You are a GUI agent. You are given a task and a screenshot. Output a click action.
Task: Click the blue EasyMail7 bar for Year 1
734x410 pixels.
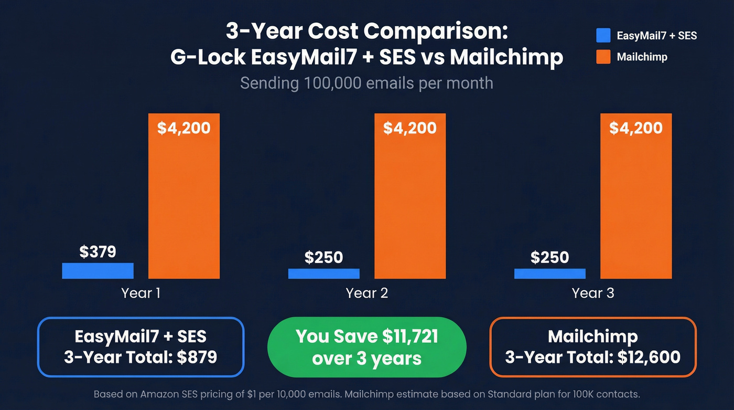[x=98, y=270]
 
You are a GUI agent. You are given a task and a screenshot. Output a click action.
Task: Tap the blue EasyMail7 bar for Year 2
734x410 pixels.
[x=323, y=274]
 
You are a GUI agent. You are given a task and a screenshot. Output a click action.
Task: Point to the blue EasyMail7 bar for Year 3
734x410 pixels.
[x=549, y=274]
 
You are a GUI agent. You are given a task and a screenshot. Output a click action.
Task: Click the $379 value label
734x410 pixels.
[x=98, y=252]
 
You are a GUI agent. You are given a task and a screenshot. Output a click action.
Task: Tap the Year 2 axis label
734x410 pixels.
[x=367, y=293]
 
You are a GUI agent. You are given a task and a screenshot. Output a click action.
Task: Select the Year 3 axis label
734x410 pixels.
[x=593, y=293]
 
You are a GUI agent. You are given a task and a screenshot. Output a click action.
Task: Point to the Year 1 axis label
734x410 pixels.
[x=141, y=293]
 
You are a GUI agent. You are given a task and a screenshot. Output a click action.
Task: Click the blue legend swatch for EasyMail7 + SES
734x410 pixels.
[x=603, y=35]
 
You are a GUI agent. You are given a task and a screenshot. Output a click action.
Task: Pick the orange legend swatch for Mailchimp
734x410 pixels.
[x=603, y=57]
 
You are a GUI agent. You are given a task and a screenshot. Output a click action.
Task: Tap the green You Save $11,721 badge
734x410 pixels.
[x=366, y=347]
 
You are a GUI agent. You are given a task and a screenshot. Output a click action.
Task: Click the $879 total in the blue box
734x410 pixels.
[x=197, y=358]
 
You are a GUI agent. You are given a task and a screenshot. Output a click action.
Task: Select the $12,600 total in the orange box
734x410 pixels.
[x=649, y=358]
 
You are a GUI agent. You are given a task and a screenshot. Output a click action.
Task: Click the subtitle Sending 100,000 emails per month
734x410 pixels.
[x=366, y=83]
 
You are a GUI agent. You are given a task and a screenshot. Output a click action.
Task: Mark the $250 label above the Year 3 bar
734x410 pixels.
[x=549, y=258]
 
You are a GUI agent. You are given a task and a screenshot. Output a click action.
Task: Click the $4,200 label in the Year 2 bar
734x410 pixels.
[x=410, y=128]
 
